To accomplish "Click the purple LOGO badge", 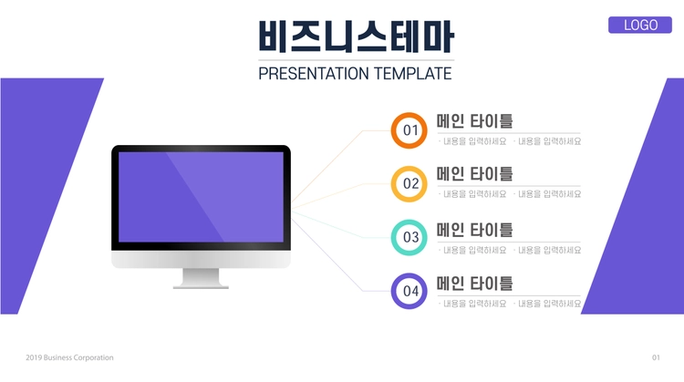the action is coord(640,25).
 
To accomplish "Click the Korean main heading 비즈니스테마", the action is coord(356,36).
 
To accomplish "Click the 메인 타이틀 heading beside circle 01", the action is coord(474,121).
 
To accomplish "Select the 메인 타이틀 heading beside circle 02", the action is coord(474,174).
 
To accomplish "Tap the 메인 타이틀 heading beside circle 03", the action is coord(474,231).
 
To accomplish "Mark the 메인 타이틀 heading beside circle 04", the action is coord(474,284).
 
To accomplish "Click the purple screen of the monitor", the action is coord(202,197).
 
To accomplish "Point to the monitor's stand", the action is coord(201,279).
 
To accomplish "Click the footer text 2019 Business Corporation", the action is coord(69,357).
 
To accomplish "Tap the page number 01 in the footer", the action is coord(656,357).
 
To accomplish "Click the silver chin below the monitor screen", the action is coord(202,260).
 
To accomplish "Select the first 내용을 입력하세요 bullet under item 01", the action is coord(472,141).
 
